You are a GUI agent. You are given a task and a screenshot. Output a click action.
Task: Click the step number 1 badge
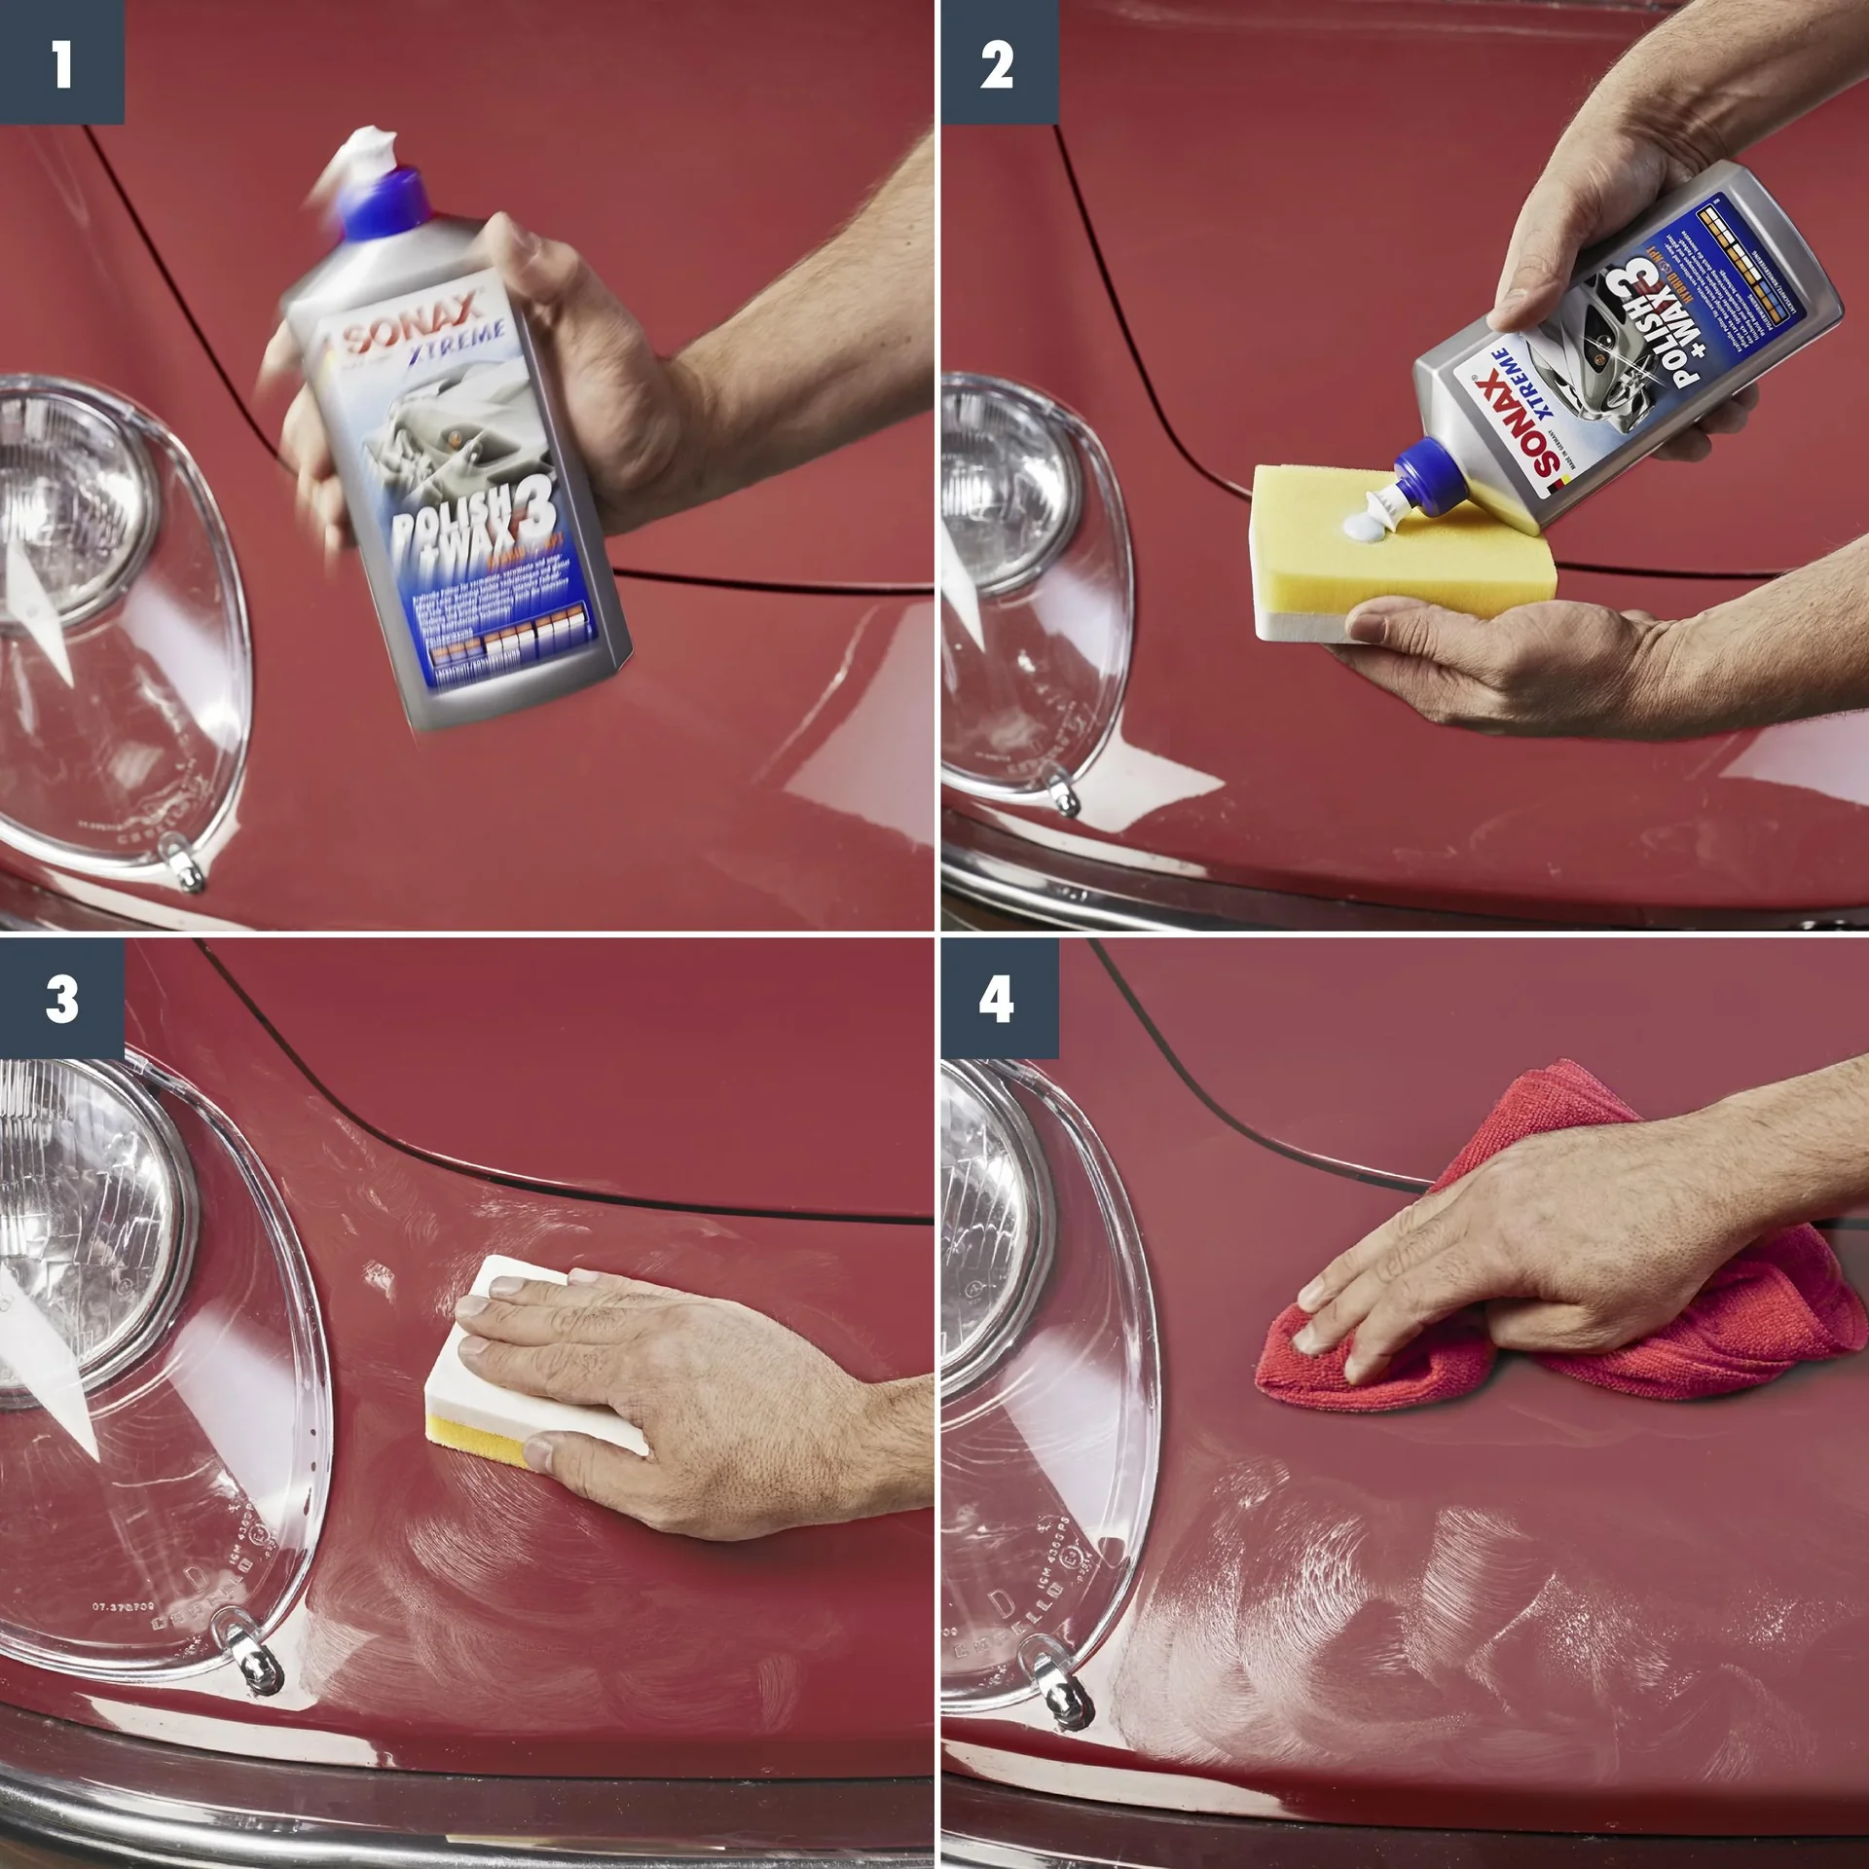click(61, 62)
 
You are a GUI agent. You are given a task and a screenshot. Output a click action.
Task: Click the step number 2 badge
click(999, 62)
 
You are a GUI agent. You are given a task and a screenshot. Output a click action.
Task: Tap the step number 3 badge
click(61, 999)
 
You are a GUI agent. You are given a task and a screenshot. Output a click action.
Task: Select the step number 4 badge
click(999, 999)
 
